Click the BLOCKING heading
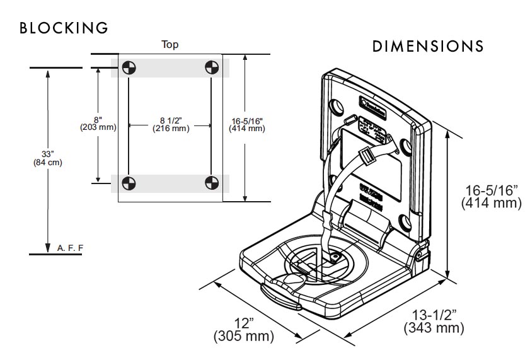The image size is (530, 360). [64, 28]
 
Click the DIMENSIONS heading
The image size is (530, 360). [428, 47]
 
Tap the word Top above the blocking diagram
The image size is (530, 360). [170, 44]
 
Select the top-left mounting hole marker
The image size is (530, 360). [128, 67]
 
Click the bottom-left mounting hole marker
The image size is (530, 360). [128, 183]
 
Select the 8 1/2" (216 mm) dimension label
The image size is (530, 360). [170, 124]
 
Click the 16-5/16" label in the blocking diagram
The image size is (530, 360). [246, 124]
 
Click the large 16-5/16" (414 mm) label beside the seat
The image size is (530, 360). [491, 196]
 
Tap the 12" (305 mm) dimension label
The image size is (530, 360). [243, 330]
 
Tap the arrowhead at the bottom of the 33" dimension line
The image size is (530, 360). [48, 248]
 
